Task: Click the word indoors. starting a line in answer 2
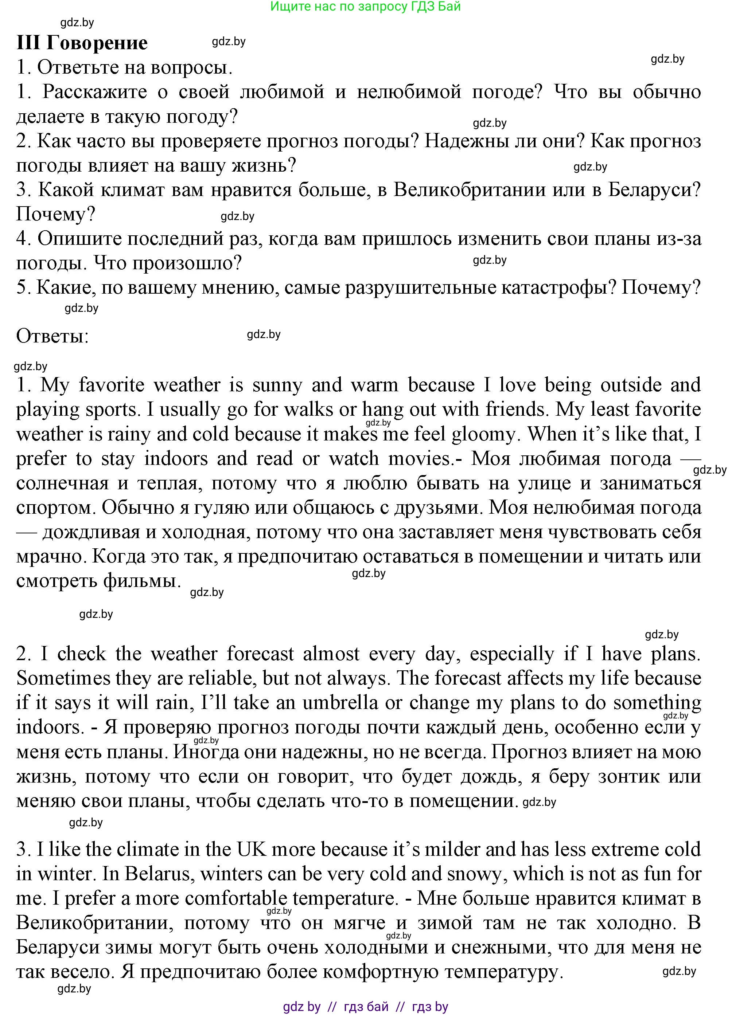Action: point(50,727)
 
